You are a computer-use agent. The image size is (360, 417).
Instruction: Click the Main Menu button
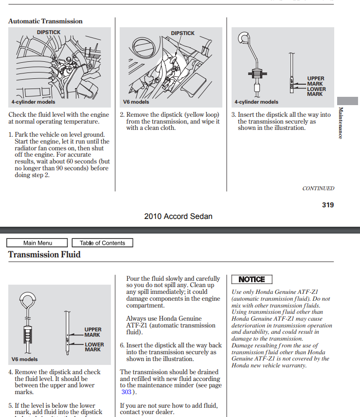point(37,243)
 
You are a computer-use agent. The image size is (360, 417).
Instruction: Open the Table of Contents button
point(102,243)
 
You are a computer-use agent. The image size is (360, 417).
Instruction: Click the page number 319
point(328,205)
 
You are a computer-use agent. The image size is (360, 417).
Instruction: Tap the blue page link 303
point(126,392)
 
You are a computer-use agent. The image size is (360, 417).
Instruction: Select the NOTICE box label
point(252,279)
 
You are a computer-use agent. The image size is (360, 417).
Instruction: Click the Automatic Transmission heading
point(45,21)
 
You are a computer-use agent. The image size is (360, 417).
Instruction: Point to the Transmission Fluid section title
point(44,254)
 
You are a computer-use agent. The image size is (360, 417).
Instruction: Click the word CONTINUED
point(318,188)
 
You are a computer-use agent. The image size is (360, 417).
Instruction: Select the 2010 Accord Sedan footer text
point(178,217)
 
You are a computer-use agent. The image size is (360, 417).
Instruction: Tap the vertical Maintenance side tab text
point(341,123)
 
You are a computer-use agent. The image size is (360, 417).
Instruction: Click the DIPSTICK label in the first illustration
point(49,32)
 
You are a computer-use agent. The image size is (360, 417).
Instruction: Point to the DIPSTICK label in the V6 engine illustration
point(182,33)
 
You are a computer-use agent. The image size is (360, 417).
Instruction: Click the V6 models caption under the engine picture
point(136,102)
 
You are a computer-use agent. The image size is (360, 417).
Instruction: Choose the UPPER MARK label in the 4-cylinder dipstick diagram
point(315,81)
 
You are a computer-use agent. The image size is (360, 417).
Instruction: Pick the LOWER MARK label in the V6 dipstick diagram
point(94,347)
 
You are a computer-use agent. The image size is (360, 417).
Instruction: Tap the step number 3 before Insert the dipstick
point(234,115)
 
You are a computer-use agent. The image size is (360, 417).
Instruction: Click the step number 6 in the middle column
point(122,345)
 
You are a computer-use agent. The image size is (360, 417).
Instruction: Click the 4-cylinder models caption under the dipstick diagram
point(256,102)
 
